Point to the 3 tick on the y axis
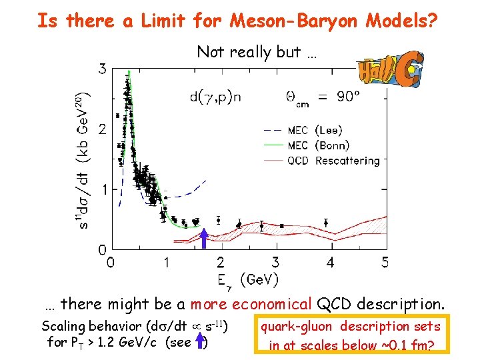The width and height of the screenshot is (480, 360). pos(102,68)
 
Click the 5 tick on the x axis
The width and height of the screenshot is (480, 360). pos(385,263)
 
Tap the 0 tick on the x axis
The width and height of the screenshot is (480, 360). pos(110,263)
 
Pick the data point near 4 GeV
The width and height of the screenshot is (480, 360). pos(326,223)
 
